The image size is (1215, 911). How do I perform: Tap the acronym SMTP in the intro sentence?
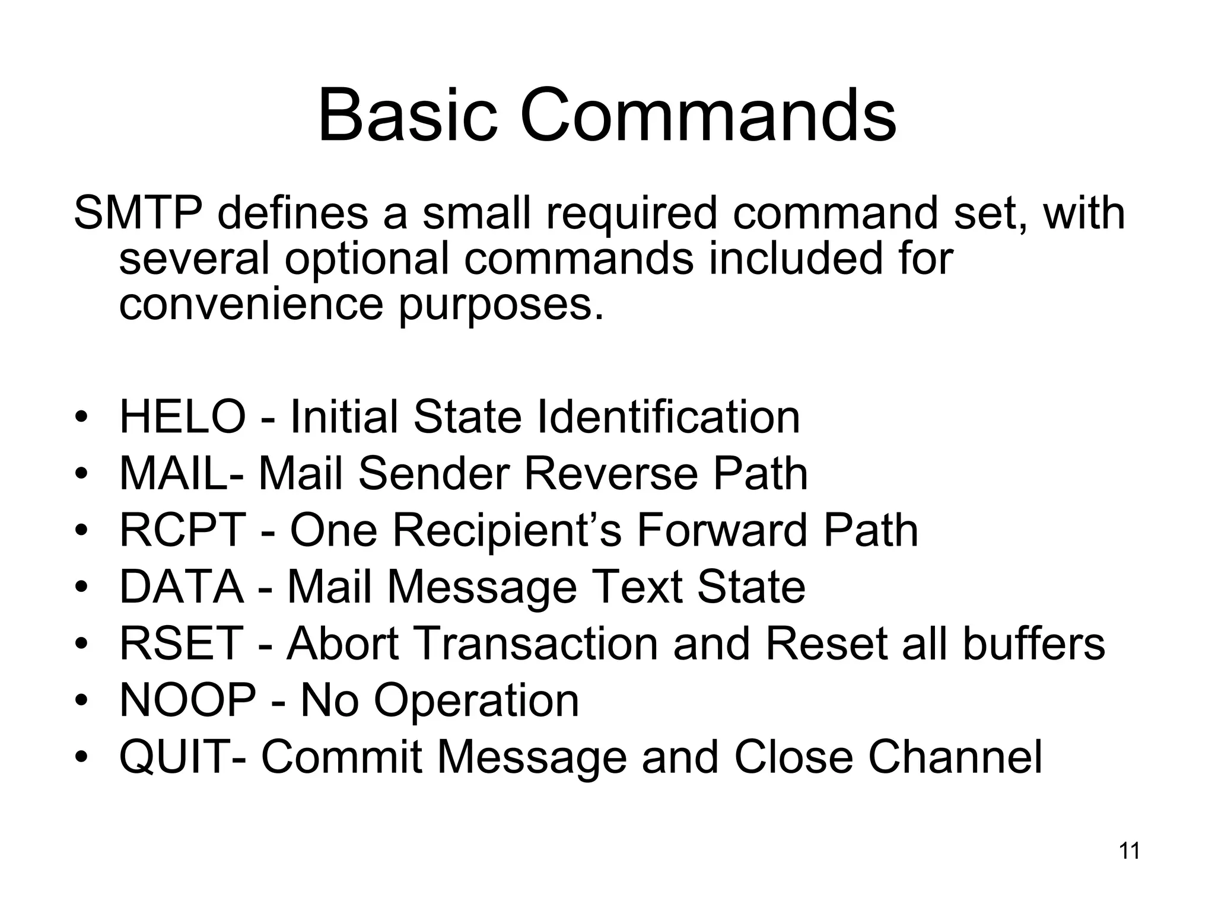[138, 214]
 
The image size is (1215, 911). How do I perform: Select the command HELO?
[182, 417]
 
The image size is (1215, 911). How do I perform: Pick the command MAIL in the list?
[172, 473]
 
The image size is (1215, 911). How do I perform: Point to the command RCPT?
[182, 530]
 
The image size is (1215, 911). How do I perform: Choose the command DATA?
[182, 587]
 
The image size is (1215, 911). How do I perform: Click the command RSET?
[182, 644]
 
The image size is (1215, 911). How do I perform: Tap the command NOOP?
[187, 700]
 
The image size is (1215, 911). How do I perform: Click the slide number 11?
[1129, 851]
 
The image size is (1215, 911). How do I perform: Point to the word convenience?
[251, 304]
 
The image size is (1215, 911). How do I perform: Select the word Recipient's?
[507, 530]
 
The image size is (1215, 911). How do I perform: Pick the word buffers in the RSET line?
[1033, 644]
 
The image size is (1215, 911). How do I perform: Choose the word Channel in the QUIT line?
[955, 757]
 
